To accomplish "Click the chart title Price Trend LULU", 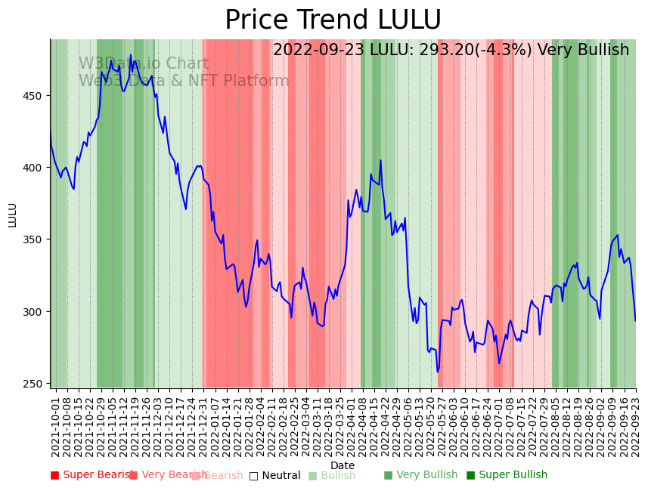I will coord(333,20).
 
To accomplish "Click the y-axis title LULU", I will coord(12,215).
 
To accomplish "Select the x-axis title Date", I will coord(343,466).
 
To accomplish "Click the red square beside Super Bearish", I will coord(54,475).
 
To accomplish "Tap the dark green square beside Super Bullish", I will coord(470,475).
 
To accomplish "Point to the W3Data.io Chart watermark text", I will coord(144,64).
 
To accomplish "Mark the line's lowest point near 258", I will coord(437,371).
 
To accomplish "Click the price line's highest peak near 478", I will coord(130,55).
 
